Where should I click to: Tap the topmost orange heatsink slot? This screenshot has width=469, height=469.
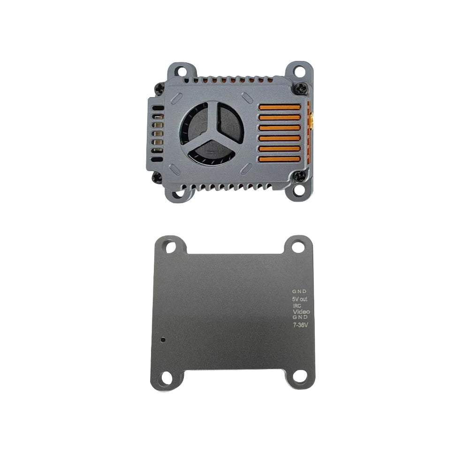click(x=280, y=107)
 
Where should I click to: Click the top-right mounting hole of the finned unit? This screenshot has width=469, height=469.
click(x=299, y=71)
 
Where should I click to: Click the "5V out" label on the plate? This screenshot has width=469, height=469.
click(x=300, y=298)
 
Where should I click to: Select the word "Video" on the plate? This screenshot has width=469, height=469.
click(x=301, y=311)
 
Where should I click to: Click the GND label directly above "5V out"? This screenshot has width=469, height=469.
click(x=299, y=291)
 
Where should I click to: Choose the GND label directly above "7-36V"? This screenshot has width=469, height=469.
click(x=300, y=318)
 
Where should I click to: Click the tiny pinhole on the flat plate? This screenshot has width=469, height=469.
click(x=163, y=338)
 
